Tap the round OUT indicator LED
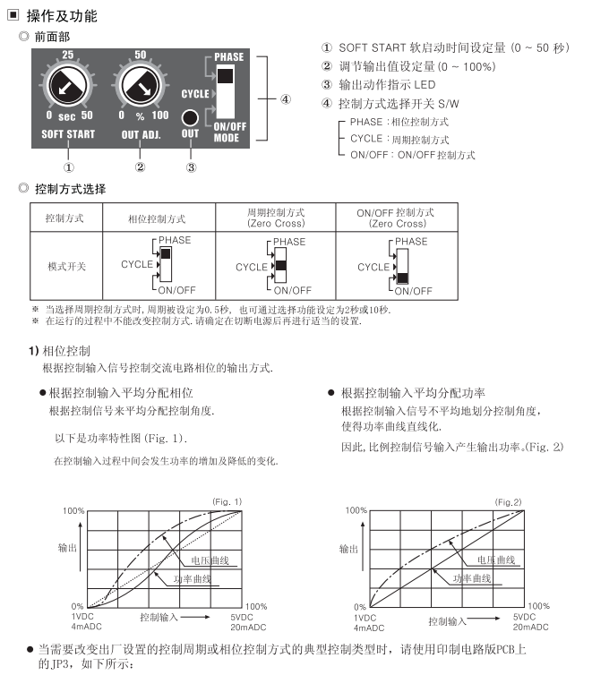click(x=190, y=117)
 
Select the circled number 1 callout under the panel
click(x=69, y=167)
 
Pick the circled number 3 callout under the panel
click(x=190, y=167)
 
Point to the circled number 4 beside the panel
click(x=285, y=98)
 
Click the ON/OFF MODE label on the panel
click(x=229, y=132)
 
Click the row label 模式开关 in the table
click(x=66, y=266)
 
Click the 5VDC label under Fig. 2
click(x=523, y=617)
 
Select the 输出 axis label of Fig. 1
click(x=67, y=546)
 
